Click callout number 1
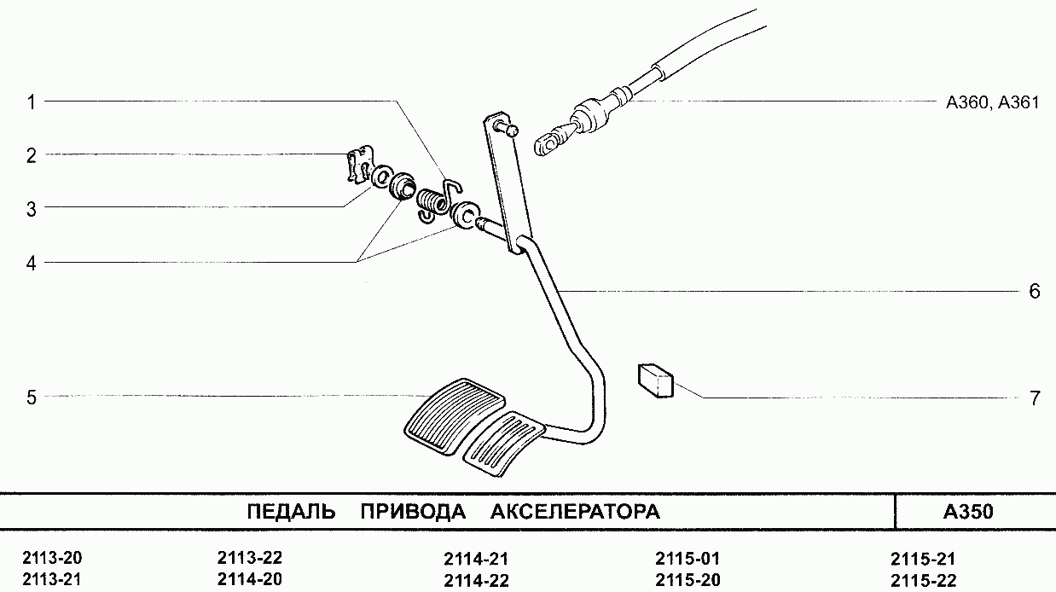[31, 102]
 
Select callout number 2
[31, 155]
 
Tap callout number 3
[31, 209]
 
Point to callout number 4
[31, 264]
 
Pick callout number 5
[31, 398]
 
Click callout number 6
[1035, 291]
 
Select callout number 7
[1035, 398]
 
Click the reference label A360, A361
[992, 102]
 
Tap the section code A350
[968, 512]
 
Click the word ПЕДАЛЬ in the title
[291, 512]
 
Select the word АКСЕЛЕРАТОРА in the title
[575, 512]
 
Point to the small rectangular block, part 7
[655, 380]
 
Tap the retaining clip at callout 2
[359, 164]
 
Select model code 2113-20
[52, 558]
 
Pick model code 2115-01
[688, 559]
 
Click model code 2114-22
[476, 581]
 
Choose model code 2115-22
[923, 581]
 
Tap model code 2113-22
[249, 558]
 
